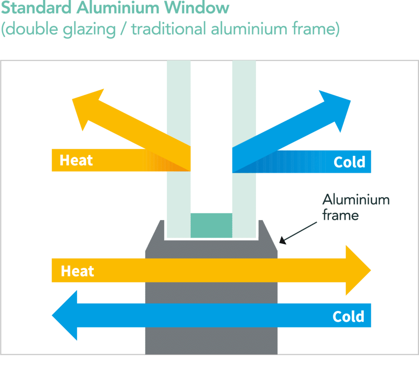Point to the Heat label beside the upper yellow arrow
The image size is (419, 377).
[x=76, y=160]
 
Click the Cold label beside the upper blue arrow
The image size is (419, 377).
[x=349, y=162]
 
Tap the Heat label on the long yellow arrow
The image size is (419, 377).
[x=77, y=271]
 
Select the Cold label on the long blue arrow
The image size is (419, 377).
[x=348, y=316]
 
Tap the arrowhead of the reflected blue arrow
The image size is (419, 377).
[x=338, y=109]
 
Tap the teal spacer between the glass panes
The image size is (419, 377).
[x=211, y=225]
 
